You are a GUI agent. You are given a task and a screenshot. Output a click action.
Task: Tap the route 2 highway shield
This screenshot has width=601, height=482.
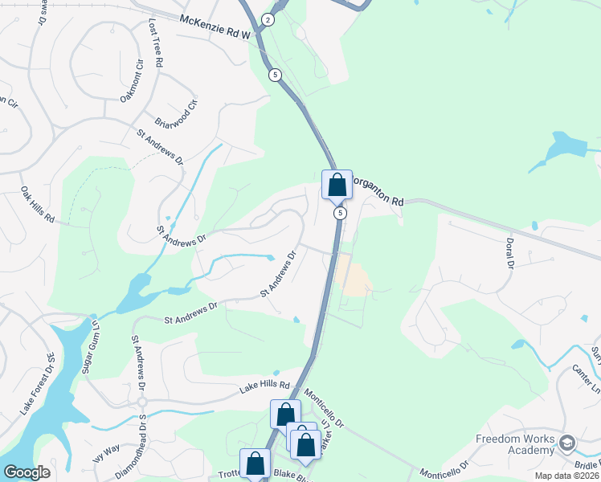pos(268,19)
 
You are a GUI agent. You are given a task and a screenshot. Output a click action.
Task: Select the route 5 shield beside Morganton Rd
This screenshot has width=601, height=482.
pos(341,213)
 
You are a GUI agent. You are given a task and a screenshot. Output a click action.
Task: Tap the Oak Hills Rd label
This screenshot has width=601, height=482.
pos(37,205)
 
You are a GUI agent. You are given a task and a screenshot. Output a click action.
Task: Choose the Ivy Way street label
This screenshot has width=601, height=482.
pos(106,462)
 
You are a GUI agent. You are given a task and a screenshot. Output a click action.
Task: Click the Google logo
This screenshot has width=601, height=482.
pos(27,472)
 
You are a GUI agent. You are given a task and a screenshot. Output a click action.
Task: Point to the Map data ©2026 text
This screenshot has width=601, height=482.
pos(566,476)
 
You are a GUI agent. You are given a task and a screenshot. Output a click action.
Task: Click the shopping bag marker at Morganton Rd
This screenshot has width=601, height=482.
pos(337,184)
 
